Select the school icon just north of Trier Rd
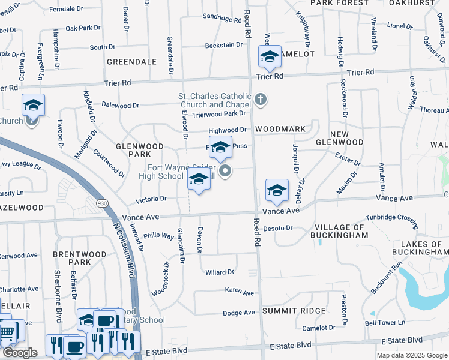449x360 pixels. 270,57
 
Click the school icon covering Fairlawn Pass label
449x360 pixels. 220,147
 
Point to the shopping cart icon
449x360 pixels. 7,331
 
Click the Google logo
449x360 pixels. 20,353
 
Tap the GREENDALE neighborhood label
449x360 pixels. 131,62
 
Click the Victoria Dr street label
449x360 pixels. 151,198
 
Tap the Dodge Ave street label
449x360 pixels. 238,313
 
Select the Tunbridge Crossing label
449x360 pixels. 390,220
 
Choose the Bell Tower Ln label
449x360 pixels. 385,322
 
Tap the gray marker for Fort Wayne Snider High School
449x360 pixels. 226,173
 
